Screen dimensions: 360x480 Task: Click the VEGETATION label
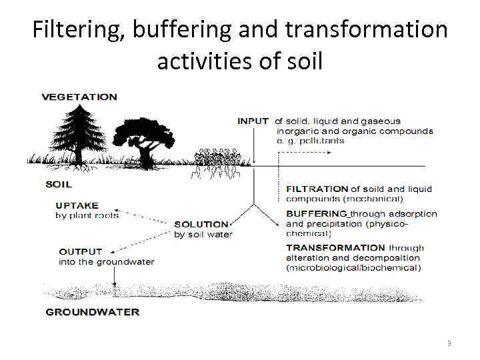pyautogui.click(x=79, y=97)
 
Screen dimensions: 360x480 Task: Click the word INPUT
pyautogui.click(x=253, y=121)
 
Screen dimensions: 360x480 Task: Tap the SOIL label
pyautogui.click(x=58, y=184)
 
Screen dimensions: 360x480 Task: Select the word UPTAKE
pyautogui.click(x=77, y=205)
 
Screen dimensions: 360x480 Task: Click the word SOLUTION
pyautogui.click(x=201, y=225)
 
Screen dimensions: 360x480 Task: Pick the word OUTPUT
pyautogui.click(x=81, y=252)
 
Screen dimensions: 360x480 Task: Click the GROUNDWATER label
pyautogui.click(x=93, y=312)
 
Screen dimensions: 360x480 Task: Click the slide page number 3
pyautogui.click(x=449, y=343)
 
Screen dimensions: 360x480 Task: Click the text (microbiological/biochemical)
pyautogui.click(x=353, y=267)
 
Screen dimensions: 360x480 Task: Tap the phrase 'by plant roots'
pyautogui.click(x=87, y=215)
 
